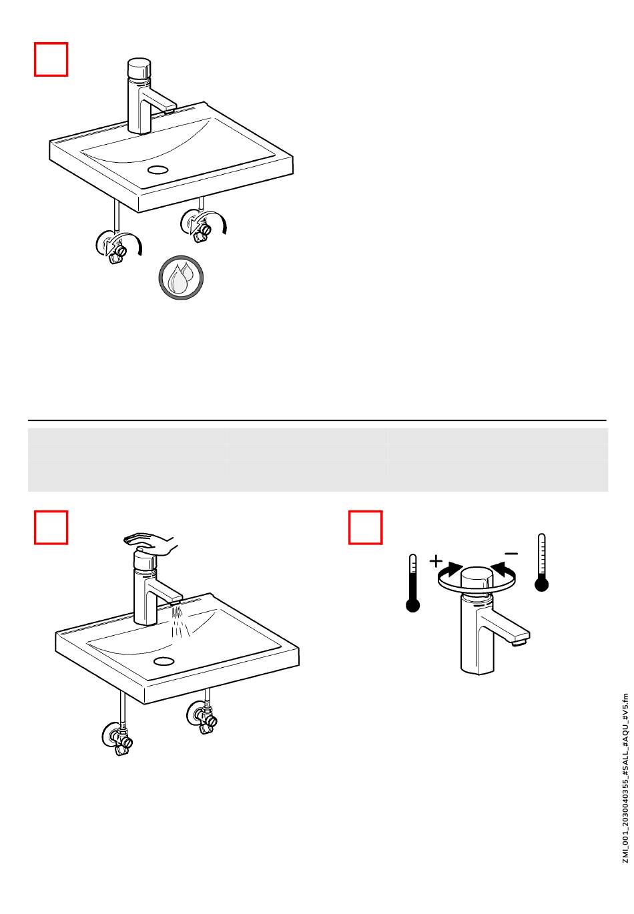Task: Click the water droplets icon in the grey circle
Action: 180,278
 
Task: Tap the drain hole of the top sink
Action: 158,169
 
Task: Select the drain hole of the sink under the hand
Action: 164,660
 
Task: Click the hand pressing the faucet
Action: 150,543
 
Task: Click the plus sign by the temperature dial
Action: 436,561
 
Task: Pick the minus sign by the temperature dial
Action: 511,554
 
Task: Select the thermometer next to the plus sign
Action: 412,582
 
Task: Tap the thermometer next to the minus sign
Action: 541,562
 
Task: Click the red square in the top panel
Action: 51,59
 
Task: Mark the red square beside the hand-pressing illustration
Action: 51,527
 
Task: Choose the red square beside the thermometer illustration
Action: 365,527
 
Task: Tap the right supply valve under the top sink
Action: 200,225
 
